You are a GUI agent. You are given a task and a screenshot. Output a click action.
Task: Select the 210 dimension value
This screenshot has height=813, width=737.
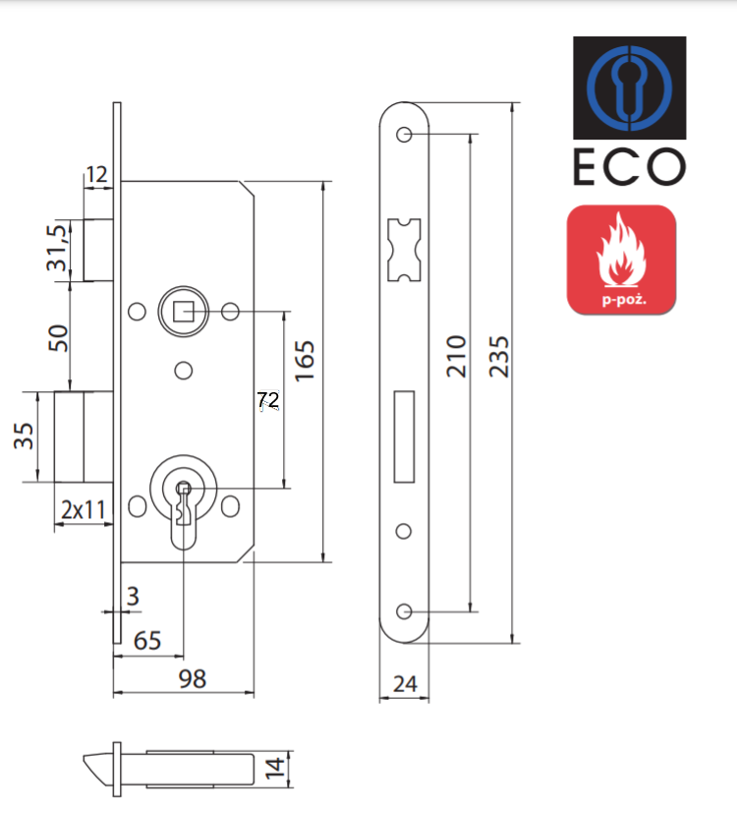(x=454, y=356)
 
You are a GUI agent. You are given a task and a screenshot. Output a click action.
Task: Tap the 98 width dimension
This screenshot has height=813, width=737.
(x=193, y=679)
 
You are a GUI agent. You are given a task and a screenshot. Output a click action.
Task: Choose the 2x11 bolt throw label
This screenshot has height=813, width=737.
(x=83, y=510)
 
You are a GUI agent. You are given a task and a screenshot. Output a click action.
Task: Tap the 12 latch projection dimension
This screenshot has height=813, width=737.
(x=96, y=175)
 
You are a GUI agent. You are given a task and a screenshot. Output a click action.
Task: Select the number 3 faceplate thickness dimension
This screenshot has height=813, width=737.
(x=133, y=595)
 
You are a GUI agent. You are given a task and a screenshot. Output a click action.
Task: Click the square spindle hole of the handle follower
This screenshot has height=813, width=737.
(x=182, y=313)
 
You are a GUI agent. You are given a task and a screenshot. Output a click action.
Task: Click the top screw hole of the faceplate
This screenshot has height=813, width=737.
(x=404, y=135)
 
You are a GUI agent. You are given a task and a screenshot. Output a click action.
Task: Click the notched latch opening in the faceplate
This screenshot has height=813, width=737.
(x=403, y=248)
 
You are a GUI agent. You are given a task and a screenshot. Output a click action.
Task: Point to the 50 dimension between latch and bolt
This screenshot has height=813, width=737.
(x=58, y=338)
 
